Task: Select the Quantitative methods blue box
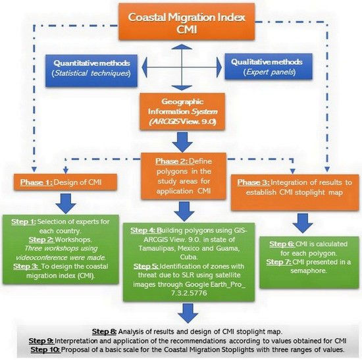(x=97, y=67)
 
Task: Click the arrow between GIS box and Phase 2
(x=179, y=140)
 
